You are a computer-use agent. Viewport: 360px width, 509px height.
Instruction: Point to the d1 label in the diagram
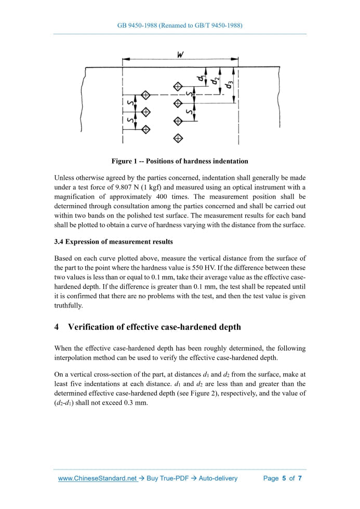click(201, 78)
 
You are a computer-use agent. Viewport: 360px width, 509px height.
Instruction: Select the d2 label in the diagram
click(215, 81)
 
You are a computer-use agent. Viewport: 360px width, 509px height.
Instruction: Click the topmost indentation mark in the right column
click(178, 86)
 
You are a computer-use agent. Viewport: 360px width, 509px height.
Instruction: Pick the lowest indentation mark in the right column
click(178, 138)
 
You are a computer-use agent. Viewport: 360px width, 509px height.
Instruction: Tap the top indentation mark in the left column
click(146, 95)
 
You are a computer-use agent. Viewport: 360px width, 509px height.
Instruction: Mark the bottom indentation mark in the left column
click(146, 129)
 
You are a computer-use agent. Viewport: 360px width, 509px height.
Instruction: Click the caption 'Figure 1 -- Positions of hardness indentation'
click(180, 161)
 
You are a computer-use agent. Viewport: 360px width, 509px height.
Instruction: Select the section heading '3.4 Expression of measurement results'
click(113, 242)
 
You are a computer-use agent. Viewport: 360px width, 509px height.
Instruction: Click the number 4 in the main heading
click(57, 327)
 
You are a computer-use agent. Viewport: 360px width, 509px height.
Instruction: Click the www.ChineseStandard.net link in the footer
click(97, 478)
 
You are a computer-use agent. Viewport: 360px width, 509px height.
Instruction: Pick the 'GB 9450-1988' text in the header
click(140, 25)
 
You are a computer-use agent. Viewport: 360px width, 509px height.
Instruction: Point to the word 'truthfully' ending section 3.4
click(68, 305)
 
